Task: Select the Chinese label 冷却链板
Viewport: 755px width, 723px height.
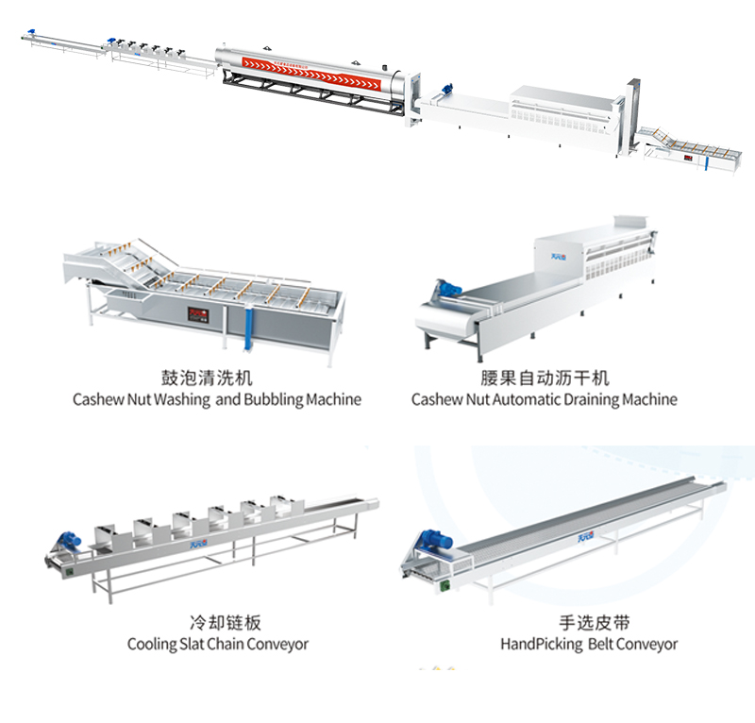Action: coord(218,623)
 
